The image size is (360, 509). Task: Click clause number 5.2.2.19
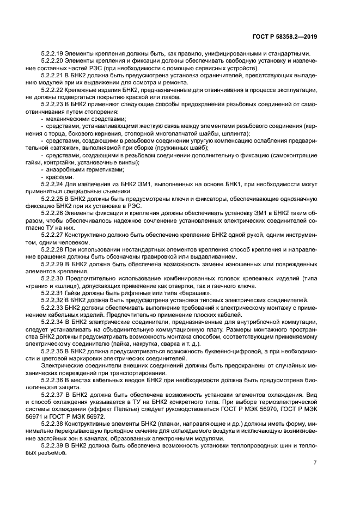tap(53, 53)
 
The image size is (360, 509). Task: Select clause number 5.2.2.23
tap(53, 103)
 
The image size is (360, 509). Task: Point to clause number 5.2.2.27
tap(53, 235)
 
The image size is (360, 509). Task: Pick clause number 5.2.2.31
tap(53, 293)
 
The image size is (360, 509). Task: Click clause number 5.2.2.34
tap(53, 322)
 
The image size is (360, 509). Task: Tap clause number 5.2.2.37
tap(53, 393)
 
